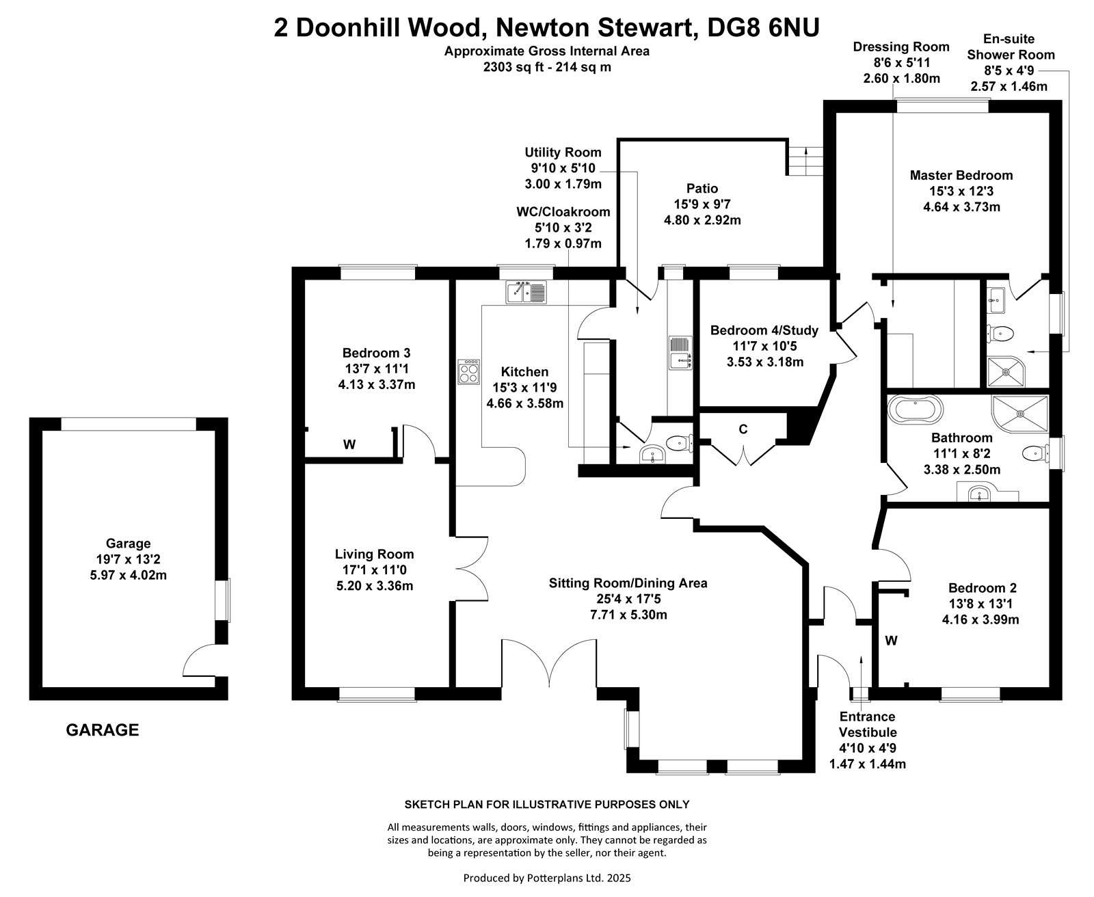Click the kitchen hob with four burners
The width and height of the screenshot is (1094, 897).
[468, 371]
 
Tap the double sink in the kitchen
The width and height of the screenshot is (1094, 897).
[526, 292]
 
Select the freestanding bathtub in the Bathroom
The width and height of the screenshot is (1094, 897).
[915, 410]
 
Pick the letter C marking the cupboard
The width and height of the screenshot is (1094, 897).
[743, 429]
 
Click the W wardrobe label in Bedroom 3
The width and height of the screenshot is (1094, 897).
[349, 444]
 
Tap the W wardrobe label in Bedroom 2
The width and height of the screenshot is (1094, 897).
[891, 641]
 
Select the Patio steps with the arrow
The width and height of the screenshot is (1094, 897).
[805, 161]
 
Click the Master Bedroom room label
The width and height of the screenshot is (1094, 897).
[961, 175]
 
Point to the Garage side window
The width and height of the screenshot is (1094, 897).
[224, 600]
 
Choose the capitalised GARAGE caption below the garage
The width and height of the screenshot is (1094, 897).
[102, 730]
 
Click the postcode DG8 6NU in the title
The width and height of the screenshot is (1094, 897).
[764, 27]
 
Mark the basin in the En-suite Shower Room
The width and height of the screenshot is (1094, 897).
[996, 300]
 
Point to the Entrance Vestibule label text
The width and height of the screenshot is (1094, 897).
[867, 724]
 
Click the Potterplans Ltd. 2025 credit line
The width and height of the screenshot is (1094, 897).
[547, 878]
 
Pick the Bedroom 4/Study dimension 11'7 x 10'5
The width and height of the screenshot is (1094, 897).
[764, 346]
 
